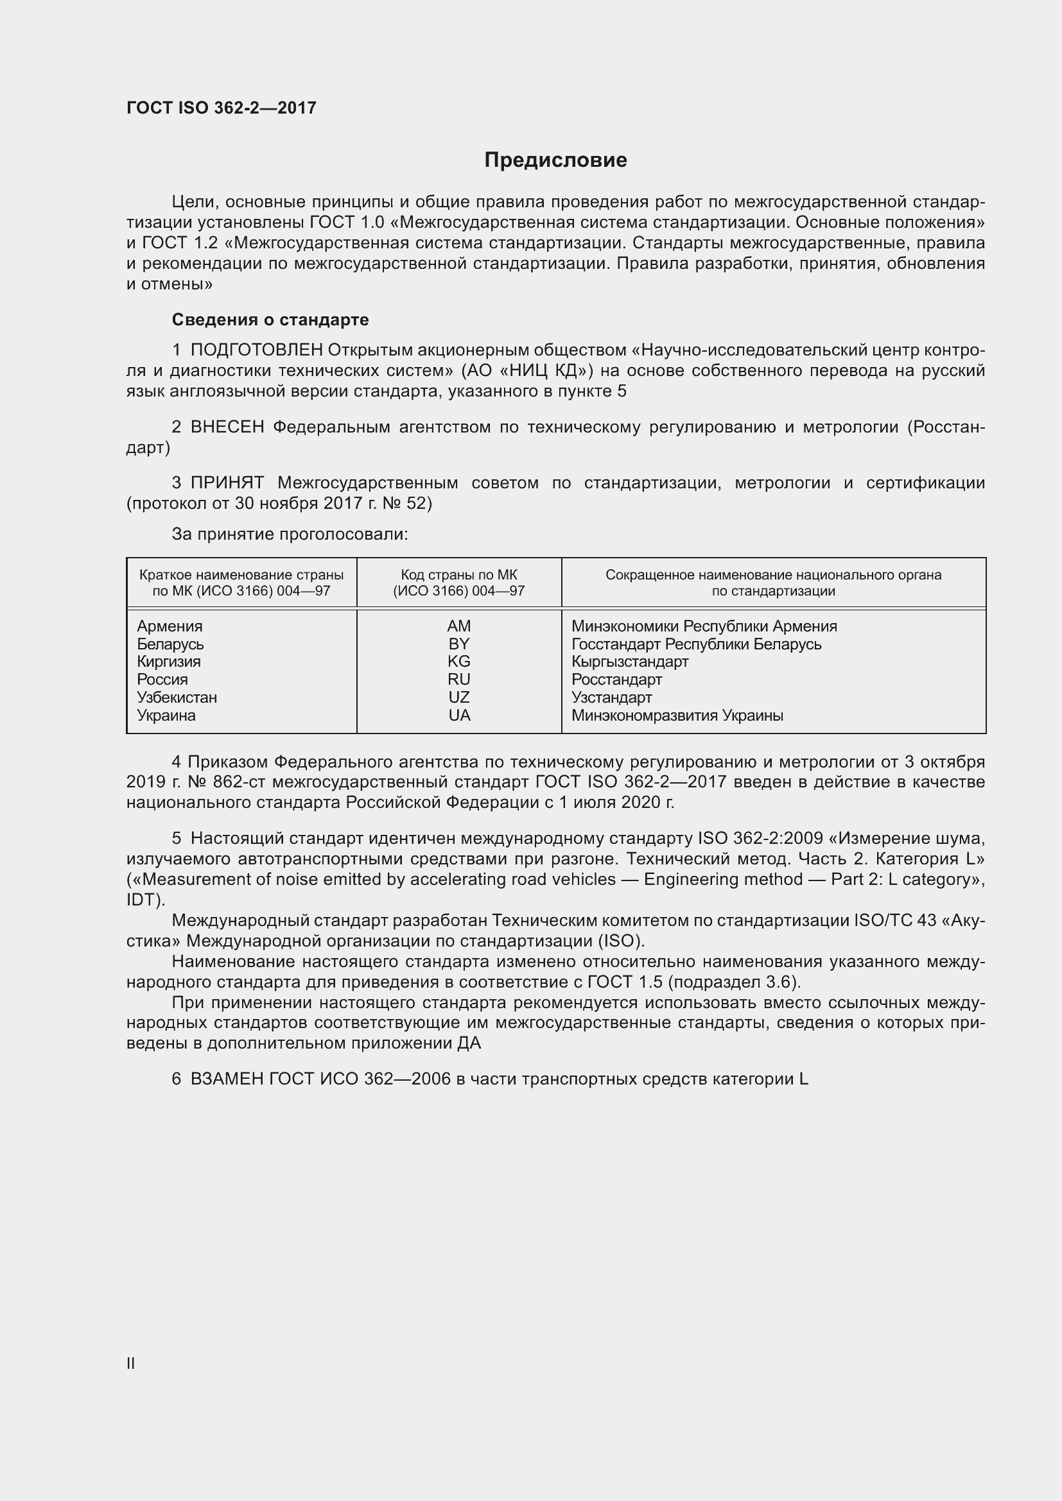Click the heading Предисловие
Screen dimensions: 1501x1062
[555, 160]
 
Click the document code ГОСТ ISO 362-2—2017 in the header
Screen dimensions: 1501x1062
[221, 108]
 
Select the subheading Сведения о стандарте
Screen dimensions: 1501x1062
[270, 320]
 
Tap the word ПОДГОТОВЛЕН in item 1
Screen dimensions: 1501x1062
[256, 350]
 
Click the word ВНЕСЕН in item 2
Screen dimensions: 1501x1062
[227, 427]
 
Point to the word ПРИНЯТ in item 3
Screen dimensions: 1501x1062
[227, 483]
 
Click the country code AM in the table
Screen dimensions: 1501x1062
[458, 626]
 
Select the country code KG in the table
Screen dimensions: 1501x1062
[458, 662]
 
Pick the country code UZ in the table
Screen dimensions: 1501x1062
[458, 698]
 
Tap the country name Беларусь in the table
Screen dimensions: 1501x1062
[170, 644]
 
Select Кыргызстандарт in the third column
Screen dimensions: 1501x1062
[629, 662]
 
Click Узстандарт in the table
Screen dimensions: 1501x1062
[611, 698]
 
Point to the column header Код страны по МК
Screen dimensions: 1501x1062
[458, 575]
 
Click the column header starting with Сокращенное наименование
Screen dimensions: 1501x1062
[773, 575]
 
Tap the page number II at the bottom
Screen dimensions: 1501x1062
[131, 1363]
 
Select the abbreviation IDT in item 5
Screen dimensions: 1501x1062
[143, 900]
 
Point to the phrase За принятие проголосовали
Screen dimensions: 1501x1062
[290, 534]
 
